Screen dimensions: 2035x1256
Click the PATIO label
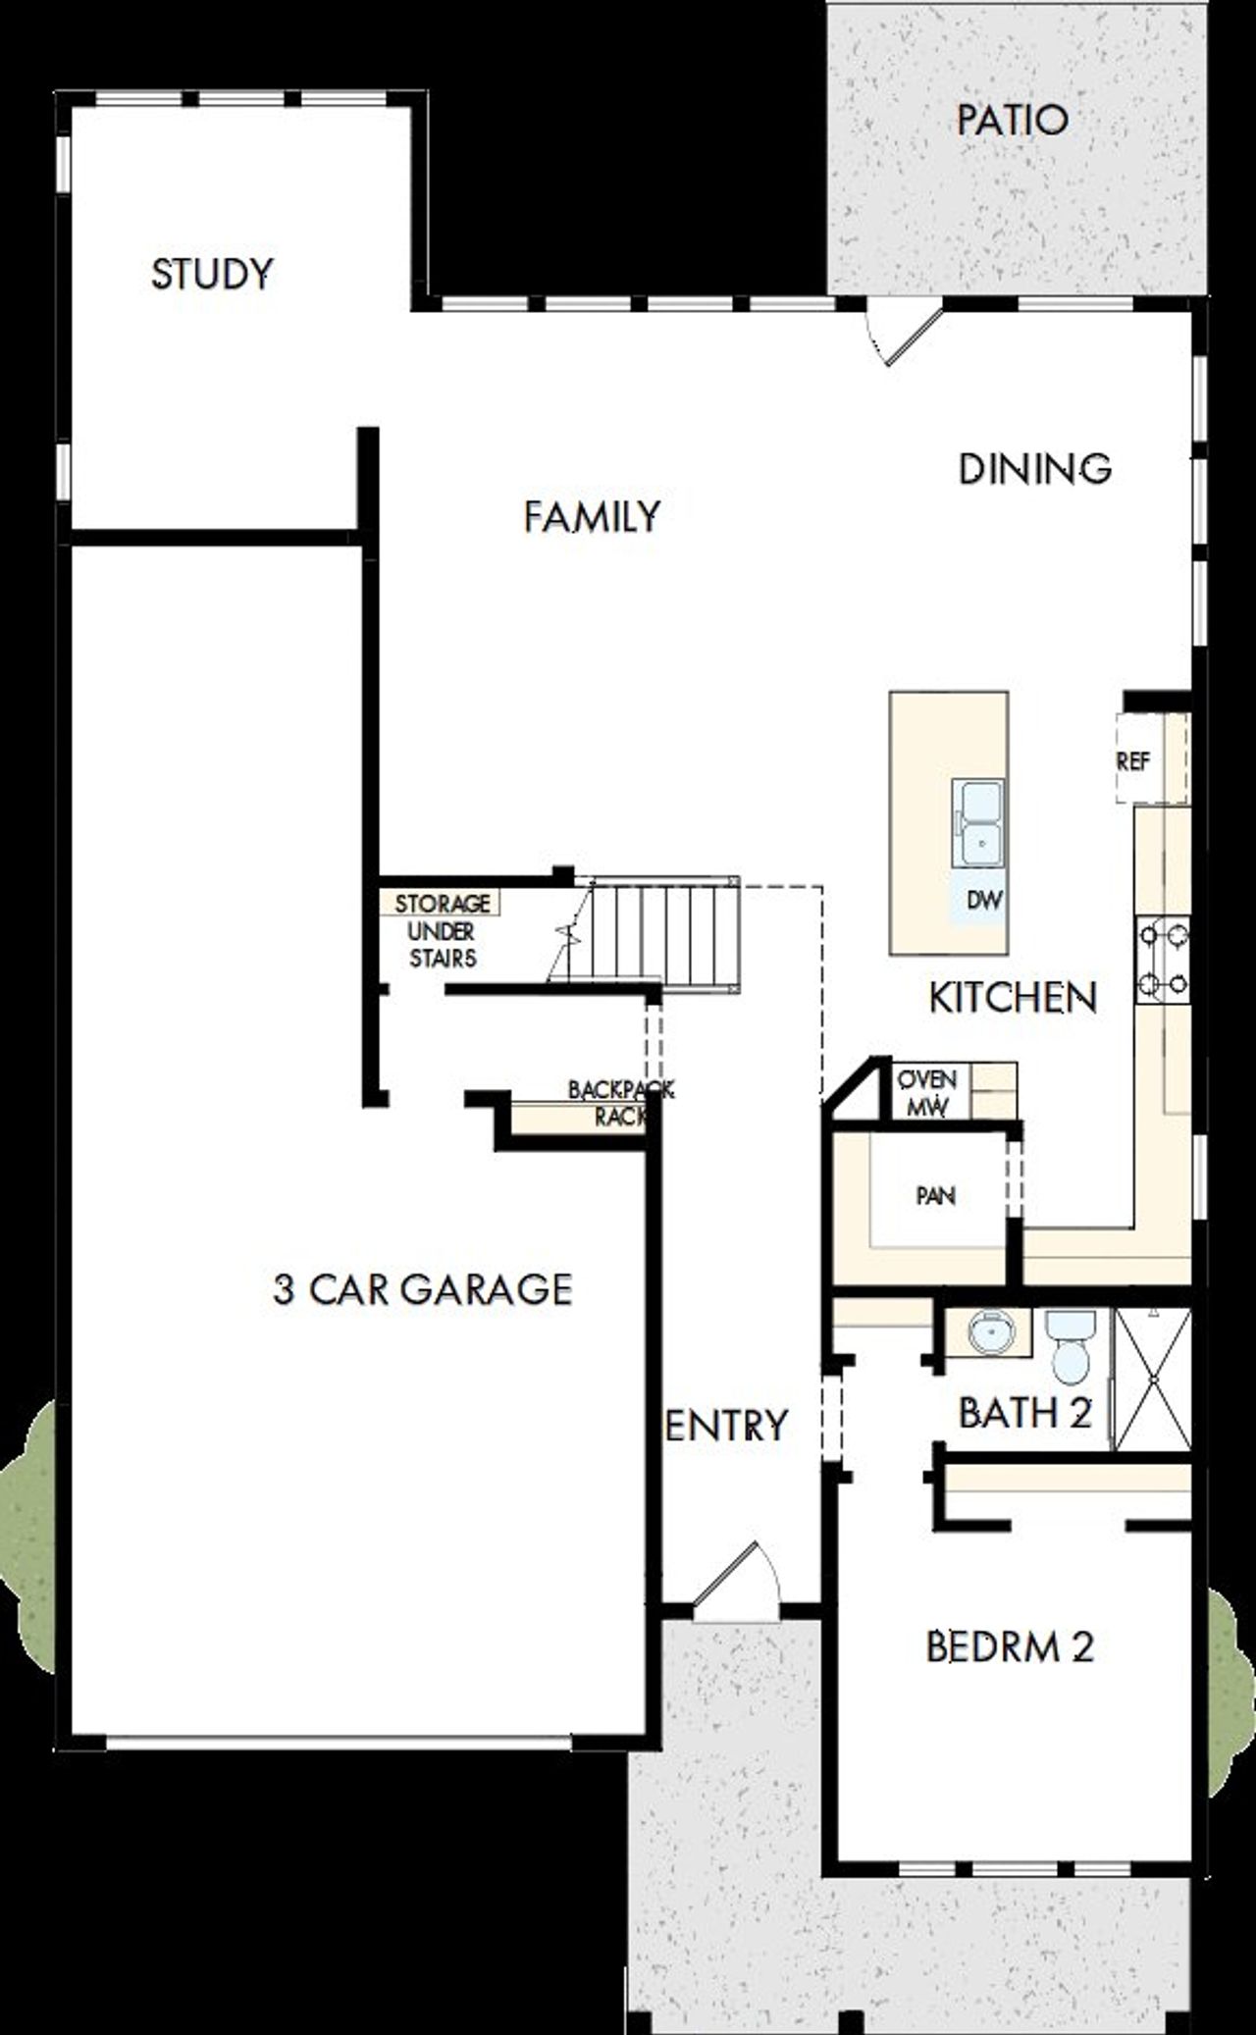[x=1012, y=121]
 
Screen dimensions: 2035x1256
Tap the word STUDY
[x=212, y=274]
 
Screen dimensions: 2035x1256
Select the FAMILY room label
[x=592, y=516]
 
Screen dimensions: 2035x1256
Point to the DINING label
[x=1034, y=469]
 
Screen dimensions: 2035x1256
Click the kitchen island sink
[x=979, y=822]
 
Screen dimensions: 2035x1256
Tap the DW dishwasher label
[x=984, y=899]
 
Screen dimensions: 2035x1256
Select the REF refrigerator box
[x=1135, y=760]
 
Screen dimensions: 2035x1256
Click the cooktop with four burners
[x=1163, y=959]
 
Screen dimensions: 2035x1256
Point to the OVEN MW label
[x=927, y=1092]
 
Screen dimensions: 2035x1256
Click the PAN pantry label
[x=935, y=1195]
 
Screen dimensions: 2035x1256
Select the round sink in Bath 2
[x=989, y=1332]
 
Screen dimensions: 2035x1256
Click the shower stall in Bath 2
[x=1153, y=1379]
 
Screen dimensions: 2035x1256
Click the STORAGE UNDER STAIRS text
[x=442, y=929]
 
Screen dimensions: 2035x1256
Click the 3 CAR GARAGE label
[x=423, y=1288]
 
